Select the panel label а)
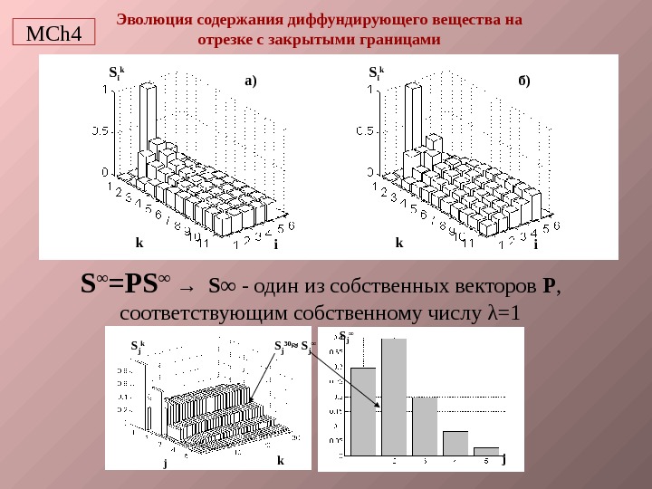[251, 81]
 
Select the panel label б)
[524, 81]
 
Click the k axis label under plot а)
[139, 243]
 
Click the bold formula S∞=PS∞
[124, 286]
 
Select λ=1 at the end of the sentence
[505, 313]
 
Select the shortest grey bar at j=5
[486, 451]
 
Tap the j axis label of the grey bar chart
[503, 458]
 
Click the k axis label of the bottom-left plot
[280, 461]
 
